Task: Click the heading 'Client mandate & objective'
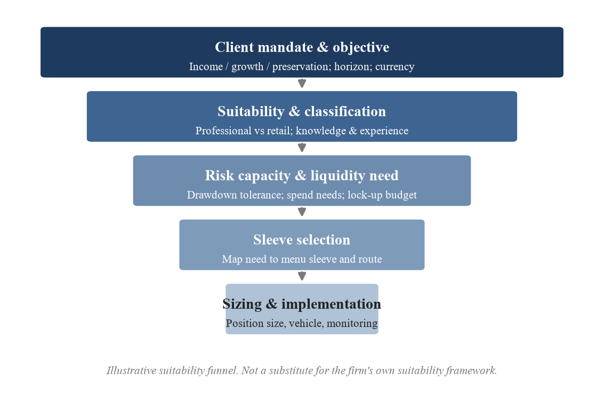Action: pyautogui.click(x=302, y=47)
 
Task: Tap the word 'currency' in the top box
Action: pyautogui.click(x=395, y=67)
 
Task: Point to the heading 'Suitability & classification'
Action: pyautogui.click(x=302, y=111)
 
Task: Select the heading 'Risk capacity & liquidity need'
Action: pyautogui.click(x=302, y=176)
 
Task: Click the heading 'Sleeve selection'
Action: pyautogui.click(x=302, y=240)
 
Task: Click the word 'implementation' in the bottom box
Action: pyautogui.click(x=331, y=304)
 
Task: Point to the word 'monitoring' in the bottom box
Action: pyautogui.click(x=352, y=324)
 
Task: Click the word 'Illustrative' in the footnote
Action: pyautogui.click(x=131, y=370)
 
